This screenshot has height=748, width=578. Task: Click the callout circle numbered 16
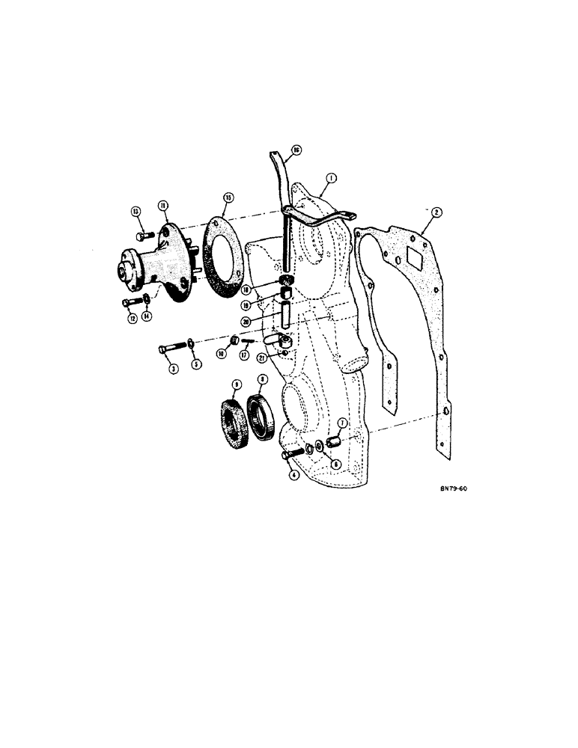pos(296,150)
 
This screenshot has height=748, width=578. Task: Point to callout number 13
pos(136,213)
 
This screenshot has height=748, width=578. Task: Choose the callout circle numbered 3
pos(173,369)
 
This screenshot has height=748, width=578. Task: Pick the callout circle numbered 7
pos(342,424)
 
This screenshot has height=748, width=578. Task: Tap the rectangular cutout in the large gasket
pos(409,260)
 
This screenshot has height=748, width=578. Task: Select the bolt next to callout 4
pos(291,453)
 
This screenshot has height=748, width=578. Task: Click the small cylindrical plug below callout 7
pos(335,444)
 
